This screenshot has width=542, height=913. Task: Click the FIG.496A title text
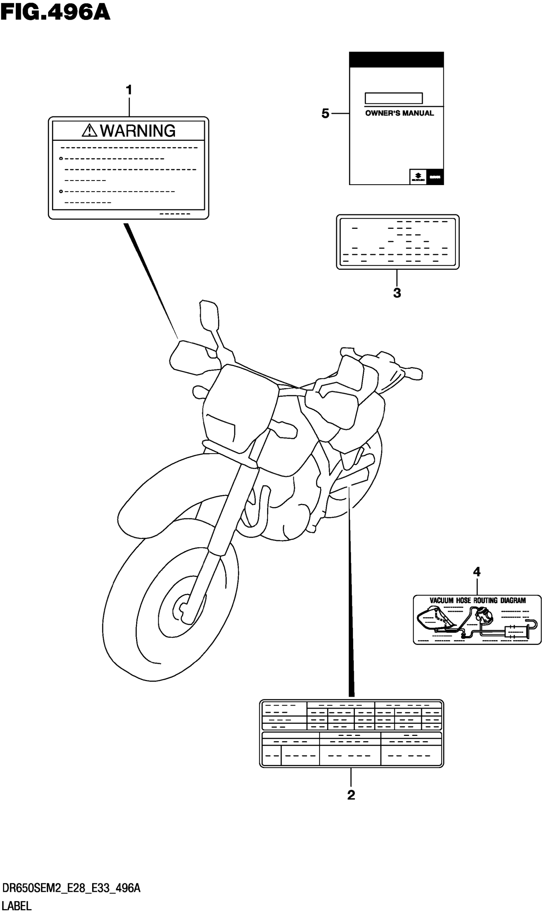tap(55, 13)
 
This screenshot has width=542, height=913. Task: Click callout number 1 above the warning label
tap(128, 90)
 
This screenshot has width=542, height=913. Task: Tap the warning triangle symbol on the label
tap(89, 131)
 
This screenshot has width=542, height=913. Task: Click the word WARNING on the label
tap(138, 131)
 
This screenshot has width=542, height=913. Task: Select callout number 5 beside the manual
tap(325, 114)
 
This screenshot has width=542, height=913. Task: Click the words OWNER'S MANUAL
tap(399, 113)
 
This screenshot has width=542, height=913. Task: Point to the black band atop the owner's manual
tap(396, 60)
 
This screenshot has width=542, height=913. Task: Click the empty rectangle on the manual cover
tap(394, 98)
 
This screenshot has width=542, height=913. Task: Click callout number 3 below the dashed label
tap(397, 293)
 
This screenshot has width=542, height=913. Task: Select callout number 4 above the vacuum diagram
tap(477, 572)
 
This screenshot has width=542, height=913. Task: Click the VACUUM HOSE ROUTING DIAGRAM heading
tap(477, 600)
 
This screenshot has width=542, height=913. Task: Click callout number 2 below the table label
tap(351, 795)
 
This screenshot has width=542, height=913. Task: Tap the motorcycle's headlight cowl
tap(239, 405)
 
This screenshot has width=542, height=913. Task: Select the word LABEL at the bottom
tap(17, 906)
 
